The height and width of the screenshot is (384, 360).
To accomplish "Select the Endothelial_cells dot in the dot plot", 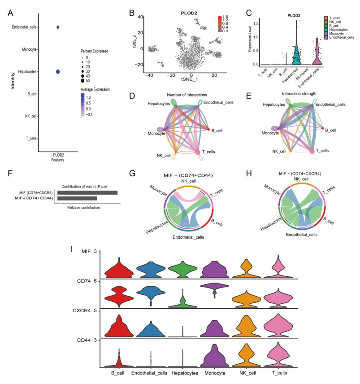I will point(58,28).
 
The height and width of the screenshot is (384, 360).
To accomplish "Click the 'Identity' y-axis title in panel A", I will point(13,83).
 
